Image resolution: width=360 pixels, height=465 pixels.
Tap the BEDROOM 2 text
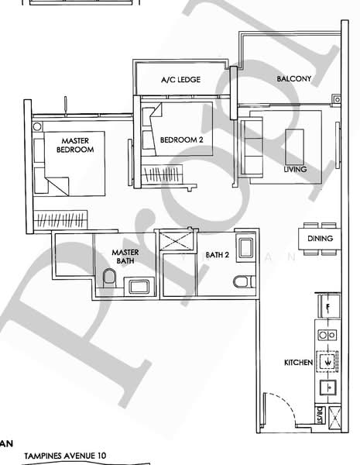pos(181,140)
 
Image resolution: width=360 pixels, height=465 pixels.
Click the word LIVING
pos(295,169)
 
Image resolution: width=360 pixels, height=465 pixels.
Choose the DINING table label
pos(320,239)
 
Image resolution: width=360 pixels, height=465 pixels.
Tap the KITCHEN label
pos(297,362)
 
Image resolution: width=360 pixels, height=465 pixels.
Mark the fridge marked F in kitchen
pos(328,307)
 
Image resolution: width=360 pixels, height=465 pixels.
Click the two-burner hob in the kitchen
pos(326,336)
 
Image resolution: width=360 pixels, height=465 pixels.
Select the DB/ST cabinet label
pos(317,418)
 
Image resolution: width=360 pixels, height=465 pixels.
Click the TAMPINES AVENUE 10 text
pos(66,457)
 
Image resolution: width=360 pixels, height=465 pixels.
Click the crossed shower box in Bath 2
pos(176,239)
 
